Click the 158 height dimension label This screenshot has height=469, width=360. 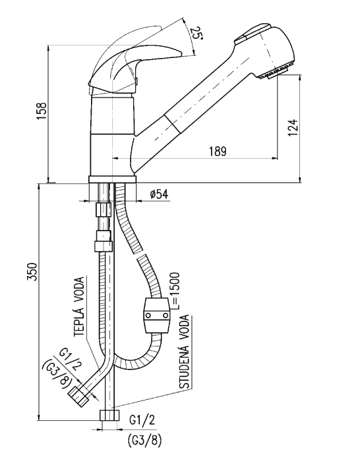pyautogui.click(x=42, y=111)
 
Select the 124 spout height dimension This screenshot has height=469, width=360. pyautogui.click(x=294, y=128)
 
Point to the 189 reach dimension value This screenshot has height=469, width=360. pyautogui.click(x=218, y=152)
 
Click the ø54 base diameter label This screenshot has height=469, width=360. pyautogui.click(x=159, y=194)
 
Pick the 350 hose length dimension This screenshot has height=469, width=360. pyautogui.click(x=32, y=272)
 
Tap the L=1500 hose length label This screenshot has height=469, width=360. pyautogui.click(x=175, y=290)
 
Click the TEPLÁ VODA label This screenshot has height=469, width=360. pyautogui.click(x=79, y=306)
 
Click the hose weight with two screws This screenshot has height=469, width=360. pyautogui.click(x=156, y=316)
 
